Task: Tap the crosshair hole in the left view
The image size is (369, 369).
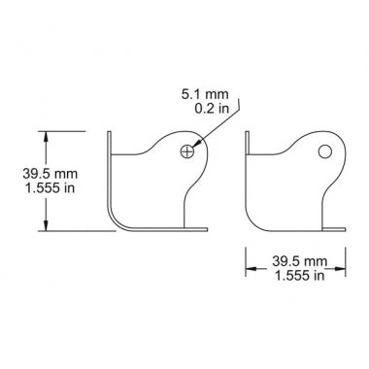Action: click(x=187, y=151)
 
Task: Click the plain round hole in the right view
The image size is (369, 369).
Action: click(x=326, y=151)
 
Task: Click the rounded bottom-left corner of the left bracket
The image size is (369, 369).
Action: click(x=115, y=222)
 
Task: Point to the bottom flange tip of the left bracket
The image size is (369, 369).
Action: click(x=206, y=230)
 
